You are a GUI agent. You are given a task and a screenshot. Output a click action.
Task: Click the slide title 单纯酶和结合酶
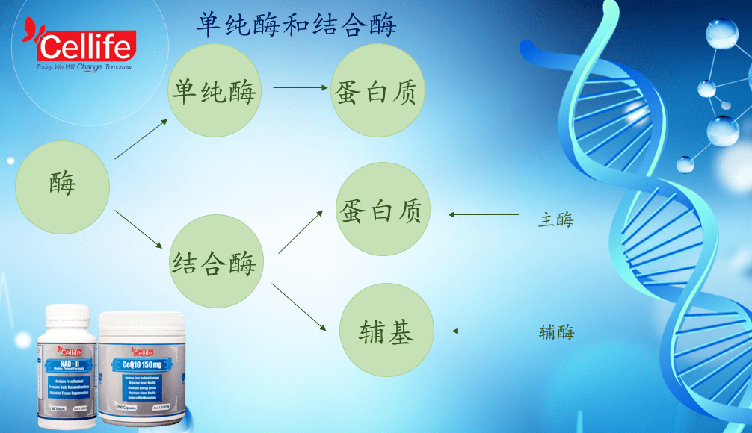click(296, 24)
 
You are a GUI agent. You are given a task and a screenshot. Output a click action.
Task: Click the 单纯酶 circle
click(215, 91)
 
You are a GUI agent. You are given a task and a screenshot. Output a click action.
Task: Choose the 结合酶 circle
click(215, 262)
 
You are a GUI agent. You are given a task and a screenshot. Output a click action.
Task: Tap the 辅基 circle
click(386, 329)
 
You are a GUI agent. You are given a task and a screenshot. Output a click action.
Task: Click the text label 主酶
click(555, 219)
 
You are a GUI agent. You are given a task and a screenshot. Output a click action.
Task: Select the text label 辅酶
click(556, 332)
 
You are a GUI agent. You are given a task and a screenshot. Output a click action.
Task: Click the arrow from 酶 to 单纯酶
click(141, 139)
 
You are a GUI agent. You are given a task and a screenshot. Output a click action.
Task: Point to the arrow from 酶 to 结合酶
click(139, 230)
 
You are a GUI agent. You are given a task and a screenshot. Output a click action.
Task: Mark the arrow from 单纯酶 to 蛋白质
click(301, 87)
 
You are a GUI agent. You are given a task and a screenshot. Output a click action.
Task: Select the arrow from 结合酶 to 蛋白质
click(301, 231)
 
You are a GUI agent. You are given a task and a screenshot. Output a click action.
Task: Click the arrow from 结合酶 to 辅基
click(299, 307)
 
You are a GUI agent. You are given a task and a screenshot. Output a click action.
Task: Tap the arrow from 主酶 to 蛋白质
click(484, 215)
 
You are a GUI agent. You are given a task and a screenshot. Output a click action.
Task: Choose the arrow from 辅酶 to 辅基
click(486, 331)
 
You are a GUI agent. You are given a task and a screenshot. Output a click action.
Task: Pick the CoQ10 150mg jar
click(143, 369)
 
